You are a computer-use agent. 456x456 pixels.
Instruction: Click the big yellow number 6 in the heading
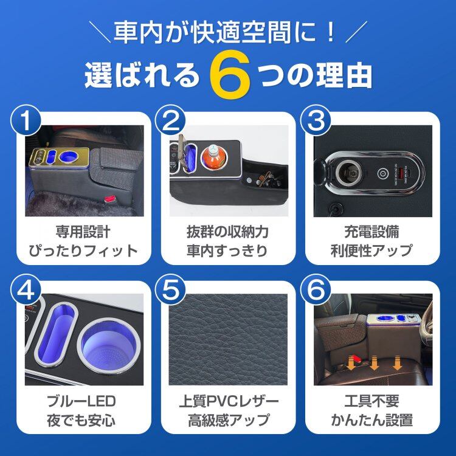[230, 74]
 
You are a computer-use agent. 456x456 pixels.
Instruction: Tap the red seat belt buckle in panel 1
[109, 199]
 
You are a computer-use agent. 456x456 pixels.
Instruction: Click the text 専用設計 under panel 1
[83, 232]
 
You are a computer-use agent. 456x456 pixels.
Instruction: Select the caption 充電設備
[372, 232]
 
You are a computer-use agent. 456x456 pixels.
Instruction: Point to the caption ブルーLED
[81, 401]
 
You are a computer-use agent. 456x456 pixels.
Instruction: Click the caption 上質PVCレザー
[229, 401]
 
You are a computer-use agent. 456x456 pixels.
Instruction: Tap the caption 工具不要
[372, 401]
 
